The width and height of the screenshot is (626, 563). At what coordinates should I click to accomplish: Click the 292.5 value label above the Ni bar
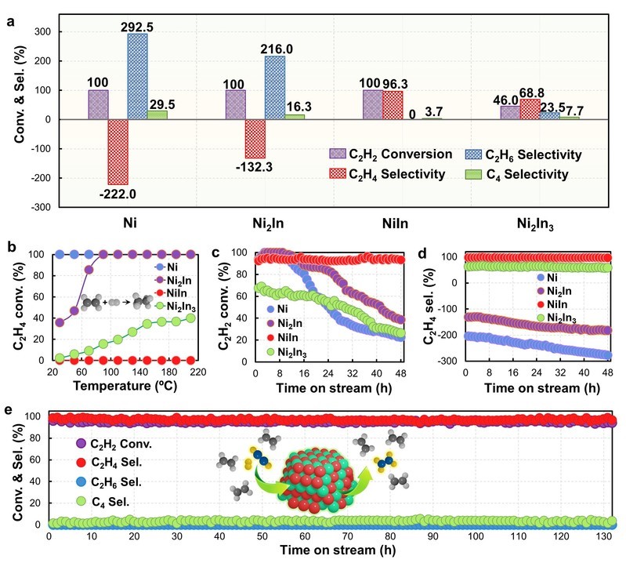tap(137, 26)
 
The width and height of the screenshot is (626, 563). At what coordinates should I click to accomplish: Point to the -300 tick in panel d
tap(450, 361)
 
